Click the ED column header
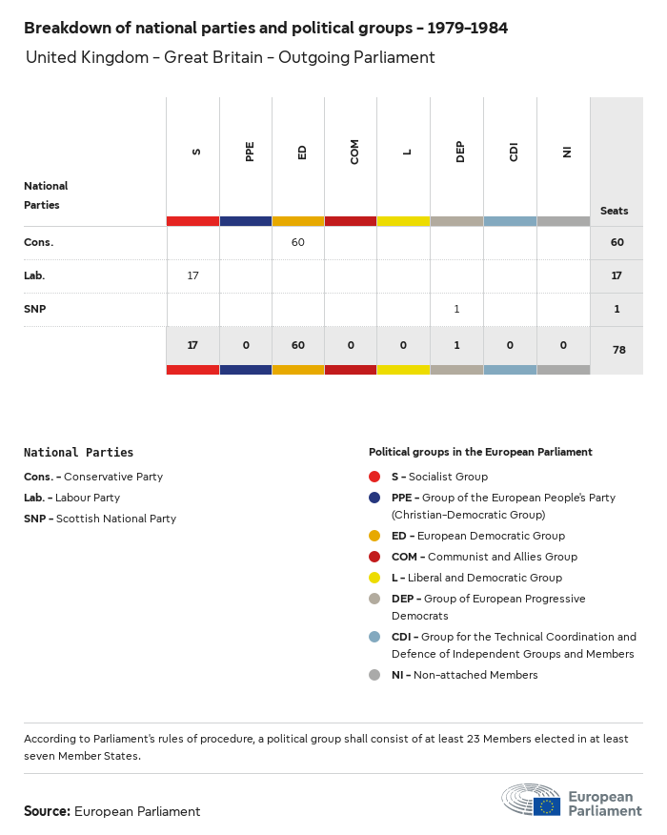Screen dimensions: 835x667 coord(302,153)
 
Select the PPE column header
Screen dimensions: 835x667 coord(250,152)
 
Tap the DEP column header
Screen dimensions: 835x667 coord(460,152)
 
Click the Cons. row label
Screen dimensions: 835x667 coord(39,242)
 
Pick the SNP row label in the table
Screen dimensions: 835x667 coord(35,309)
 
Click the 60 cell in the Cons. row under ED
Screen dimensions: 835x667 coord(298,242)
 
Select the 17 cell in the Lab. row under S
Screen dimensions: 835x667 coord(192,275)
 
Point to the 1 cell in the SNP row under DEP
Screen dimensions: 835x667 coord(456,309)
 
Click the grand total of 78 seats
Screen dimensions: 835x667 coord(618,350)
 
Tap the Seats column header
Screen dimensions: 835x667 coord(615,211)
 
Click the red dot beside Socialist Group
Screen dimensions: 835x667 coord(374,477)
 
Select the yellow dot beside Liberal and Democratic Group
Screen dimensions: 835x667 coord(374,578)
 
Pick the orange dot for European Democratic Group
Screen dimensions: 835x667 coord(374,536)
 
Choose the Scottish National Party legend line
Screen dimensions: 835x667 coord(100,519)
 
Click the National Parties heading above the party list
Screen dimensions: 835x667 coord(78,453)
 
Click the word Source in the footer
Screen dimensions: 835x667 coord(47,811)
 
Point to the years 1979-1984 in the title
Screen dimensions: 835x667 coord(461,28)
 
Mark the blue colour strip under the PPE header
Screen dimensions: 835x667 coord(245,221)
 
